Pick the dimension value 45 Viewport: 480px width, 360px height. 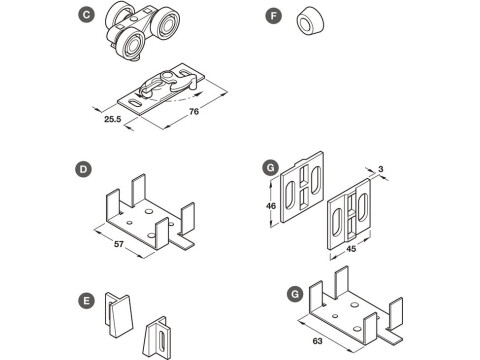coord(353,250)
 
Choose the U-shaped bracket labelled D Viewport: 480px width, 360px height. coord(148,215)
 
